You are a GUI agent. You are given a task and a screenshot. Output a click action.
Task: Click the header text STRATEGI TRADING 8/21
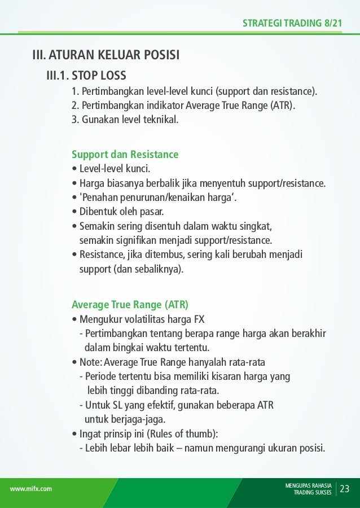(292, 23)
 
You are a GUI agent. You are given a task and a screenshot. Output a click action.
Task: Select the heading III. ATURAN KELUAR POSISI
(106, 55)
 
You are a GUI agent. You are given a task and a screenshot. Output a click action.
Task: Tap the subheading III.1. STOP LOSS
(86, 75)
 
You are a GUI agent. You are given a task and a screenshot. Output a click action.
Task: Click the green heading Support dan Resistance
(125, 154)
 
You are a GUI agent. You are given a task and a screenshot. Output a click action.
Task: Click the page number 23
(344, 488)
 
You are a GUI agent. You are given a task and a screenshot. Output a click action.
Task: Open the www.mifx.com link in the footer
(31, 489)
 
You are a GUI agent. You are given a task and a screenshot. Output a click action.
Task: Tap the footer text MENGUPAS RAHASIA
(309, 485)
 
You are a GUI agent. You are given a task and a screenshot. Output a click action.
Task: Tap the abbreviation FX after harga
(199, 318)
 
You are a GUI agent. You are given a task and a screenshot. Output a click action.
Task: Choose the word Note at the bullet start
(90, 362)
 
